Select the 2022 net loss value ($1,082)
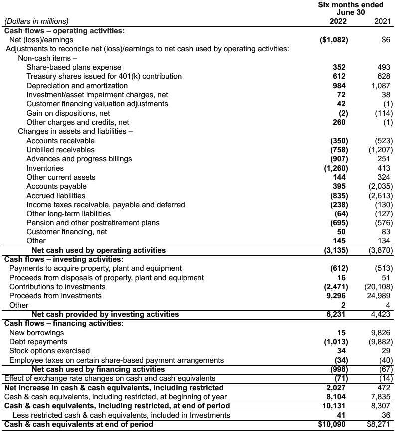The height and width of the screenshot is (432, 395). [x=333, y=40]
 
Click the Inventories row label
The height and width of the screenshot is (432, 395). [x=45, y=168]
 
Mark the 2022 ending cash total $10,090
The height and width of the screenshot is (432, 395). [x=333, y=425]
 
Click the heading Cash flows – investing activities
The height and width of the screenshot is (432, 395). [x=64, y=259]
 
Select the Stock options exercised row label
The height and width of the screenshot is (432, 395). [x=50, y=351]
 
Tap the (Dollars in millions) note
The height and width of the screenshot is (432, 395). [x=36, y=21]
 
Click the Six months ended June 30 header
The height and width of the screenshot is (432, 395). [x=351, y=8]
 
